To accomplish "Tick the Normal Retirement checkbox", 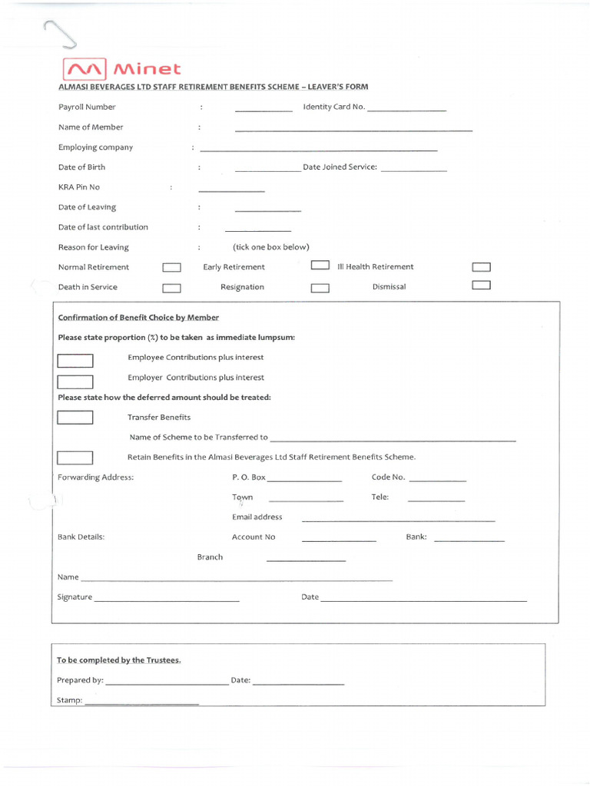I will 171,268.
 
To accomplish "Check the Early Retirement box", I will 320,266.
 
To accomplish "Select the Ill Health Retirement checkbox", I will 481,267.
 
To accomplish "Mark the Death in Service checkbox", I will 171,289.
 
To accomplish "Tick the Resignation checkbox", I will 320,289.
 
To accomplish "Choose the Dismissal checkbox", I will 481,285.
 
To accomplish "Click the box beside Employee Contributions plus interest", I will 75,361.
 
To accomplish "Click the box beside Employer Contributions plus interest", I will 75,381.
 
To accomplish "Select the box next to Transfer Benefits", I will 75,418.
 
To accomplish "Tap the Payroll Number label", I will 87,107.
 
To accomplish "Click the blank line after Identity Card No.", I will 407,111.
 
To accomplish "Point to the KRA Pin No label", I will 79,187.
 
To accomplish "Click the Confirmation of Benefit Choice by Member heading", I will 138,318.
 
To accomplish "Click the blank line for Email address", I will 398,521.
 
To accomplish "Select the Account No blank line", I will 339,541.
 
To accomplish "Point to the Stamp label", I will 69,700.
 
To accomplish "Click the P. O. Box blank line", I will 304,481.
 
